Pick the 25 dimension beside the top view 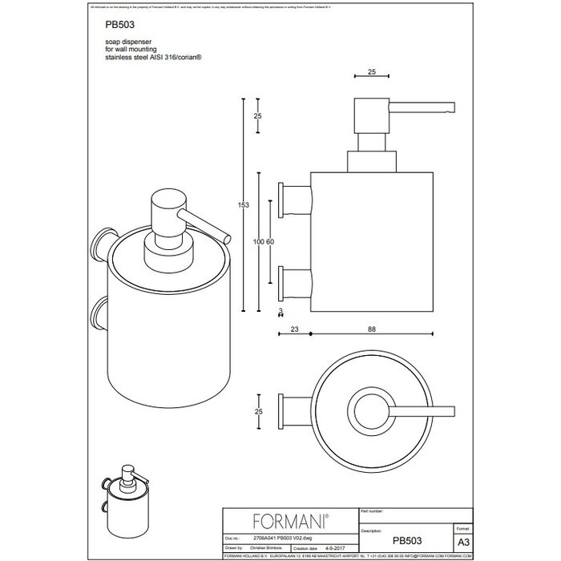pos(257,411)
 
